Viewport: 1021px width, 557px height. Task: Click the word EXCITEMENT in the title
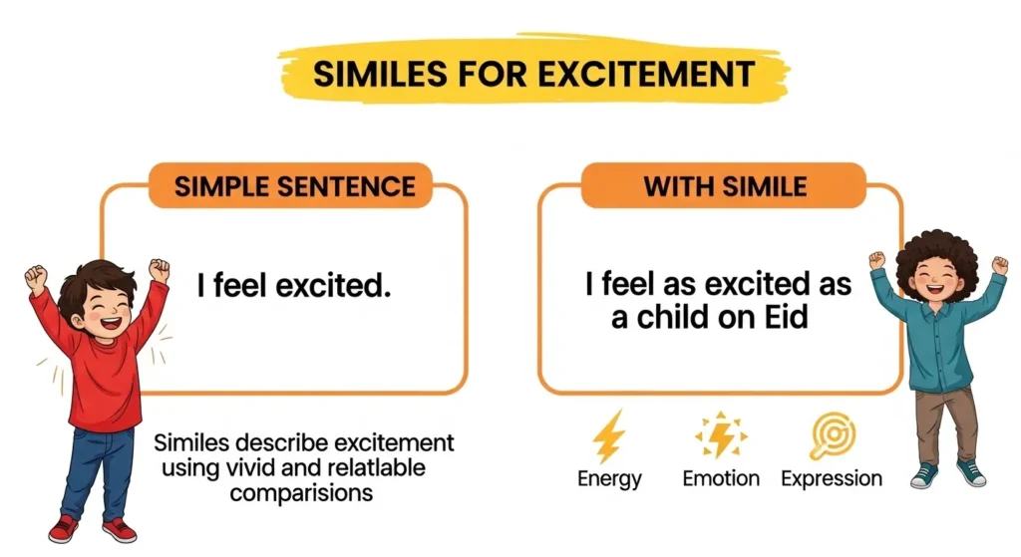click(x=646, y=74)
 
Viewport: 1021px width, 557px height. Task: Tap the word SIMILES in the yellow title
click(x=380, y=74)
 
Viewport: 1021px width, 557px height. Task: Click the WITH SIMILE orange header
click(x=724, y=186)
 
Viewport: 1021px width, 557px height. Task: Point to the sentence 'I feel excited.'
click(x=294, y=285)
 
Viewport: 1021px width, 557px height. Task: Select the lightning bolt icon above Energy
click(x=608, y=436)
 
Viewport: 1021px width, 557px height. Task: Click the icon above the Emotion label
click(x=721, y=434)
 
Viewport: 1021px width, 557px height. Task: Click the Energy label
click(x=609, y=479)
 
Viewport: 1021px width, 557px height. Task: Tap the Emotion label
click(x=721, y=478)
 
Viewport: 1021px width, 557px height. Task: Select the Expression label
click(x=832, y=479)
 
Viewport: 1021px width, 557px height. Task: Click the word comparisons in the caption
click(x=301, y=492)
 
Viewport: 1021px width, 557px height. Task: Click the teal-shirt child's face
click(x=937, y=280)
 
